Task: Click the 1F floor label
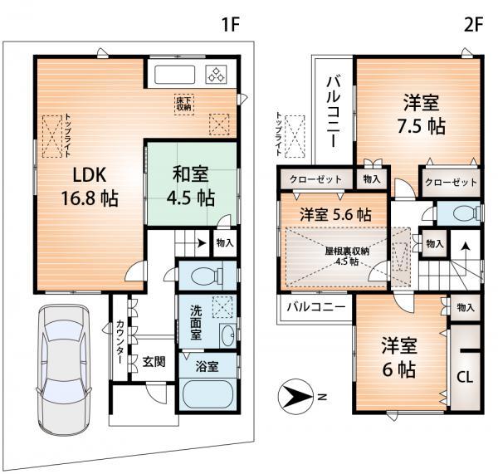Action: [x=229, y=24]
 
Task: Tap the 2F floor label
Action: [x=473, y=24]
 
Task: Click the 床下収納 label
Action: [x=183, y=104]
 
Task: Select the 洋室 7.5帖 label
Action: [x=423, y=115]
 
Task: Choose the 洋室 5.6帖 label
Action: [x=335, y=213]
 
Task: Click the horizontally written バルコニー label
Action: [x=317, y=306]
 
